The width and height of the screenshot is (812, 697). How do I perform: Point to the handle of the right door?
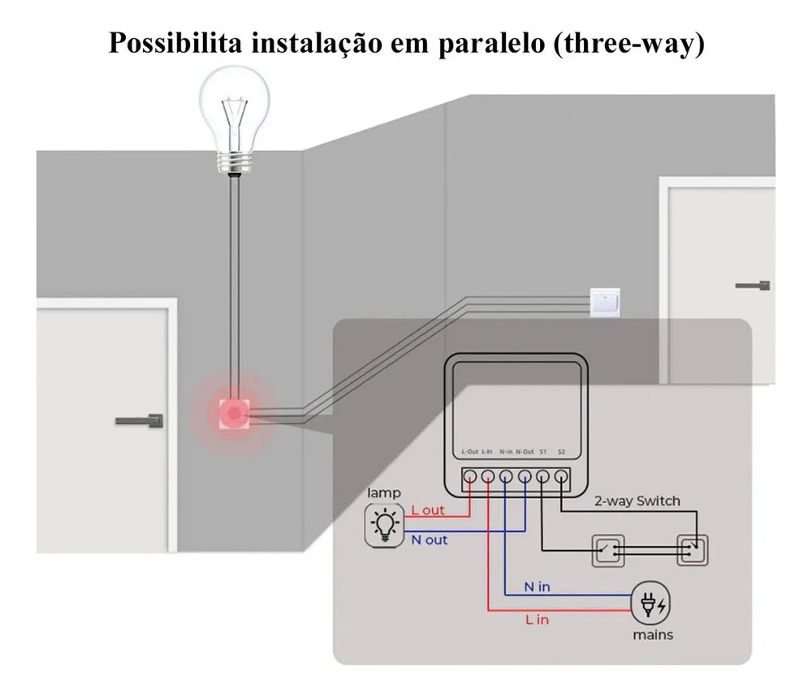[x=754, y=285]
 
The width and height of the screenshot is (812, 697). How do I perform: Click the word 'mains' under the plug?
[x=652, y=635]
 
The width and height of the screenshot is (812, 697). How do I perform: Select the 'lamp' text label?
[x=384, y=493]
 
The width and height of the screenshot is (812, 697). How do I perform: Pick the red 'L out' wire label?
[x=428, y=510]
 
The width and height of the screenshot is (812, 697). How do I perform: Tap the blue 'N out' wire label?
[x=430, y=540]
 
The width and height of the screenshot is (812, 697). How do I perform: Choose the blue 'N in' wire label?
[x=538, y=587]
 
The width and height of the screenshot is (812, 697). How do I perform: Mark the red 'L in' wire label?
[x=537, y=619]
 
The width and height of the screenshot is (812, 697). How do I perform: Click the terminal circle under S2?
[x=561, y=477]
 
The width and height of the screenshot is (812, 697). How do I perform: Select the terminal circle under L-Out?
[x=470, y=477]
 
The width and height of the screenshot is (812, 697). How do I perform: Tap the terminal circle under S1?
[x=542, y=477]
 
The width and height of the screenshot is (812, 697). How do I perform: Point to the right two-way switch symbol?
[x=693, y=549]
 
